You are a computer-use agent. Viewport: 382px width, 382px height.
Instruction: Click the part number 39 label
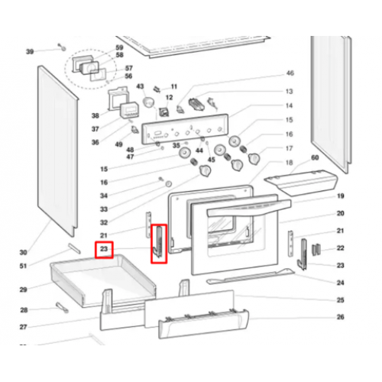[x=30, y=52]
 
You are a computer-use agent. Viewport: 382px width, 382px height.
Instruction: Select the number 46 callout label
[x=290, y=73]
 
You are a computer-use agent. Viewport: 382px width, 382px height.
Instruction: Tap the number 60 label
[x=315, y=157]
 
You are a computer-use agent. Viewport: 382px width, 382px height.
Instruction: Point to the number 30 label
[x=23, y=252]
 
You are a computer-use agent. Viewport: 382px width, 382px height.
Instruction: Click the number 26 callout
[x=341, y=317]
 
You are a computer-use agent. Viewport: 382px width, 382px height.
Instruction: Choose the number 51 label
[x=23, y=266]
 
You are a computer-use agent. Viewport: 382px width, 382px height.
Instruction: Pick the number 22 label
[x=341, y=248]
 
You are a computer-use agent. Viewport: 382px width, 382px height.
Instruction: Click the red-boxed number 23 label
[x=104, y=249]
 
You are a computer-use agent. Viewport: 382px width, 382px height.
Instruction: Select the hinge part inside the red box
[x=159, y=243]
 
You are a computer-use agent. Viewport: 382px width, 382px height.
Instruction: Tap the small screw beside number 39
[x=62, y=47]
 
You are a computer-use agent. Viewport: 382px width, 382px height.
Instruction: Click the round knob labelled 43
[x=149, y=102]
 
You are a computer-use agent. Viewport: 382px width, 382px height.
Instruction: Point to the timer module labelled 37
[x=130, y=110]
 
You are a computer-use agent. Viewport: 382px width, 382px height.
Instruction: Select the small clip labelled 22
[x=316, y=249]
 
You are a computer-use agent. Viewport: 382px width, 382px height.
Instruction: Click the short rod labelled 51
[x=74, y=248]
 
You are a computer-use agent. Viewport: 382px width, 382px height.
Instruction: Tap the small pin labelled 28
[x=62, y=307]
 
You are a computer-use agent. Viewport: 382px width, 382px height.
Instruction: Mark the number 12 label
[x=169, y=98]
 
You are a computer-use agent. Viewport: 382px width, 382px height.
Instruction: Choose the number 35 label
[x=176, y=145]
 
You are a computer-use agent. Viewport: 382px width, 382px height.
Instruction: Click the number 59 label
[x=119, y=47]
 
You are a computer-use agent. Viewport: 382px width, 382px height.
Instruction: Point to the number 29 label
[x=23, y=290]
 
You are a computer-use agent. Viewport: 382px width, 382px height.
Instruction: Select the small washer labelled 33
[x=168, y=183]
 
